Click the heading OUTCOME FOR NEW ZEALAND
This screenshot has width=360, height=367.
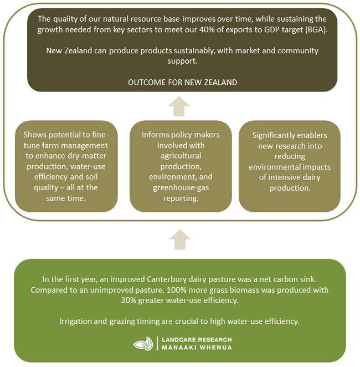click(x=182, y=83)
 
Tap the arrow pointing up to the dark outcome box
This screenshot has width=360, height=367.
click(x=179, y=106)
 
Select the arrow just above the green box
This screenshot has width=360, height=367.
click(x=180, y=239)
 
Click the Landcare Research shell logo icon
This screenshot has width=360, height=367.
click(x=143, y=344)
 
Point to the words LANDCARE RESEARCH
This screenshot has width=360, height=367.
click(x=197, y=340)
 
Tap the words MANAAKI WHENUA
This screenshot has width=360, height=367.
click(x=197, y=348)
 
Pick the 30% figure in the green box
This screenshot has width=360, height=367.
click(x=128, y=300)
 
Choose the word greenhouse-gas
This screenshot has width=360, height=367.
click(x=181, y=188)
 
